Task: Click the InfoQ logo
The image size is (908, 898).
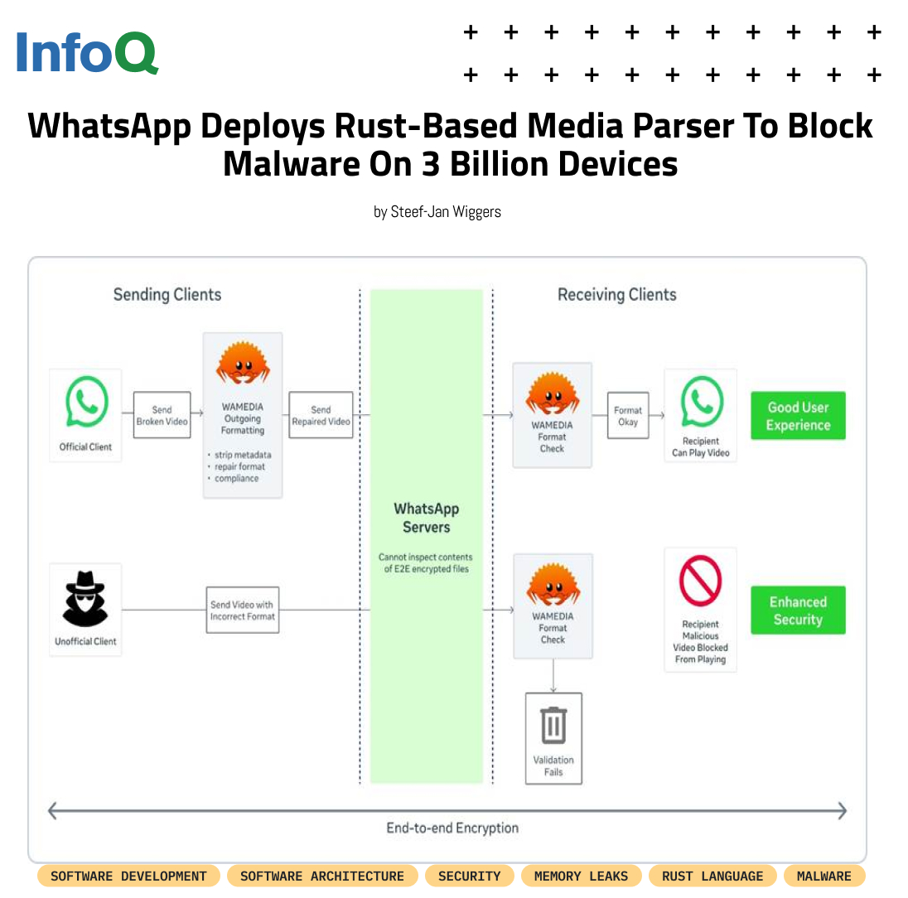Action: point(87,52)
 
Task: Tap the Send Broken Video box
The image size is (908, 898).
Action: point(162,415)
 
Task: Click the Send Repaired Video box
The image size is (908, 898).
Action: point(321,415)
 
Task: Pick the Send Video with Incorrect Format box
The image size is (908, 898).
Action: point(243,611)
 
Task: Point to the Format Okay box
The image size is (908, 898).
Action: point(628,416)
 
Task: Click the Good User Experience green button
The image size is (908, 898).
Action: point(798,416)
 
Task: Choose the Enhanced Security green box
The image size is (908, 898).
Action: point(798,611)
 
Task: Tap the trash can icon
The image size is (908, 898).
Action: point(553,725)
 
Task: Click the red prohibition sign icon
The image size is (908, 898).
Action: point(700,581)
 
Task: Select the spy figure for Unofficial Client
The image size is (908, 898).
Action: point(85,597)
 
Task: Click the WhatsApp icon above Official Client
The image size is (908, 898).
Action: point(85,403)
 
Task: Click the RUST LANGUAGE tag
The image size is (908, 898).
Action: point(712,876)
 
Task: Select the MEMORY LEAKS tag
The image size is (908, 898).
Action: point(581,876)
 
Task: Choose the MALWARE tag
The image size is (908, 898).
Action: point(823,876)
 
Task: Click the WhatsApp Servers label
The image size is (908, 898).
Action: point(426,518)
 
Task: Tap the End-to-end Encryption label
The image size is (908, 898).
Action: point(452,828)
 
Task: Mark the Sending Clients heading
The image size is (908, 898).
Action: point(167,294)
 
